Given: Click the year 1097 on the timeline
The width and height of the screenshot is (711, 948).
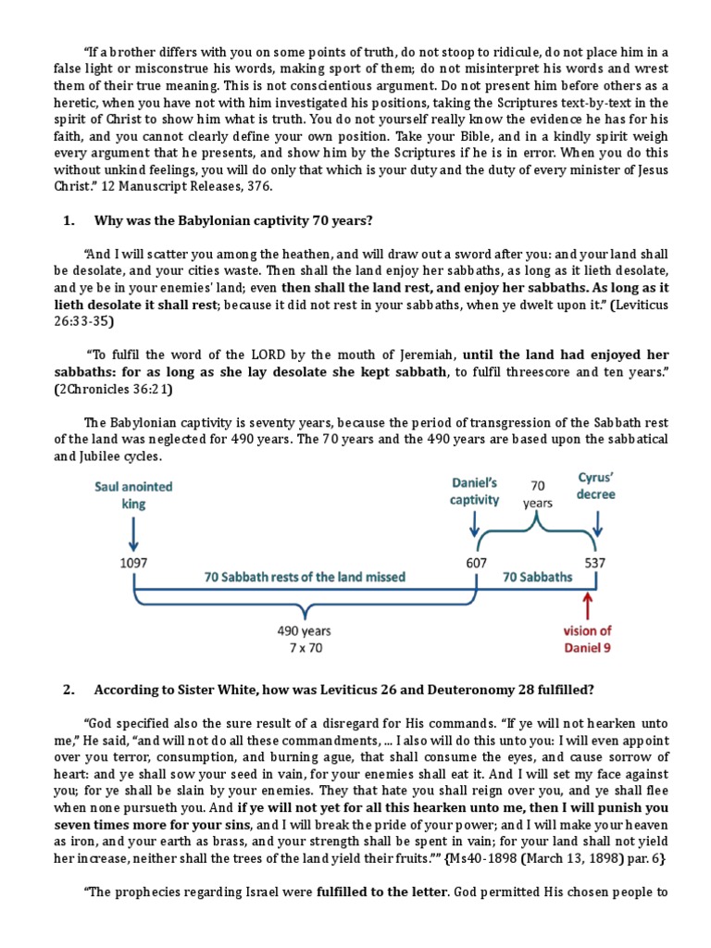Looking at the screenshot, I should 134,561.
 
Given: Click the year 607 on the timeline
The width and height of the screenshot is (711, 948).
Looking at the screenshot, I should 476,561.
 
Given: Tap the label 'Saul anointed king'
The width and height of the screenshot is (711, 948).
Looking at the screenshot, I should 133,493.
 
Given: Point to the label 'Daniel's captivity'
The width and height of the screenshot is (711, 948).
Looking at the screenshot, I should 475,492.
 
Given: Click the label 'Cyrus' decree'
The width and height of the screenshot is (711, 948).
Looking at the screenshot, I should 596,486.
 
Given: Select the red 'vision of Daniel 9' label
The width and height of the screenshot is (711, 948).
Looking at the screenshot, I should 588,639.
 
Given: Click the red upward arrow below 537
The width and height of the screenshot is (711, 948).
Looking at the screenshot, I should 588,606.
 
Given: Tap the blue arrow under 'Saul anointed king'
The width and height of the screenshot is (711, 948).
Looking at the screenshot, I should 134,533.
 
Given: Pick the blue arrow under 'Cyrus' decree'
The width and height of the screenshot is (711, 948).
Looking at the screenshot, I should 597,523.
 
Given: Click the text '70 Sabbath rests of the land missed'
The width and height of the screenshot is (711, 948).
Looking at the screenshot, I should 305,577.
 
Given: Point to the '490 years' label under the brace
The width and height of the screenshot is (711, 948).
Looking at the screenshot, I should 304,631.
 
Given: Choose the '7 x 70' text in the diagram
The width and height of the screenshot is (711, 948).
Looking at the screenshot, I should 304,648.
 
